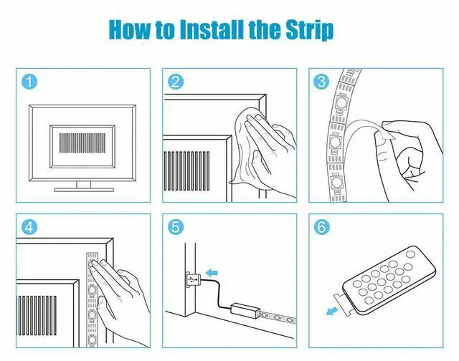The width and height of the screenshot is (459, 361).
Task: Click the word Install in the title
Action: (x=212, y=29)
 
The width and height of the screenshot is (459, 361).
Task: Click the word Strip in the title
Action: (x=310, y=30)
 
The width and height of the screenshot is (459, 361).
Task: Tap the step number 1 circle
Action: (x=29, y=81)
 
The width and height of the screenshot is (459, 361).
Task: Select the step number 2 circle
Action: (x=176, y=81)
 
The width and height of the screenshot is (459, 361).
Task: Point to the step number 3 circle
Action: (x=321, y=81)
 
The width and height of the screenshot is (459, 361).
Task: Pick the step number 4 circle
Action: (x=29, y=226)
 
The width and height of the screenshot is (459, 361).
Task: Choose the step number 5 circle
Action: (x=176, y=226)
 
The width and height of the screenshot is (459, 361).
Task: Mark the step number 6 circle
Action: (x=321, y=226)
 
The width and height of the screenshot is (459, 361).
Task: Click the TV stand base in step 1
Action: (x=84, y=190)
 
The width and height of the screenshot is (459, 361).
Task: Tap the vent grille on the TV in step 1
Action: (x=82, y=143)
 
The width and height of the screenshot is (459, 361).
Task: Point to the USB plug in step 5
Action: (x=193, y=280)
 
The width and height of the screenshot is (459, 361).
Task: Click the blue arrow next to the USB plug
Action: (x=212, y=273)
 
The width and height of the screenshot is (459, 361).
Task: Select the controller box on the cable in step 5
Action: (x=245, y=309)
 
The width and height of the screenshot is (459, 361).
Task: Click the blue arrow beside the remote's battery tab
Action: (x=332, y=311)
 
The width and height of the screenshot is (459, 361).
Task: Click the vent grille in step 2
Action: (x=186, y=171)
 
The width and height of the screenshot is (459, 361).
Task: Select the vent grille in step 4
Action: (x=37, y=315)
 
